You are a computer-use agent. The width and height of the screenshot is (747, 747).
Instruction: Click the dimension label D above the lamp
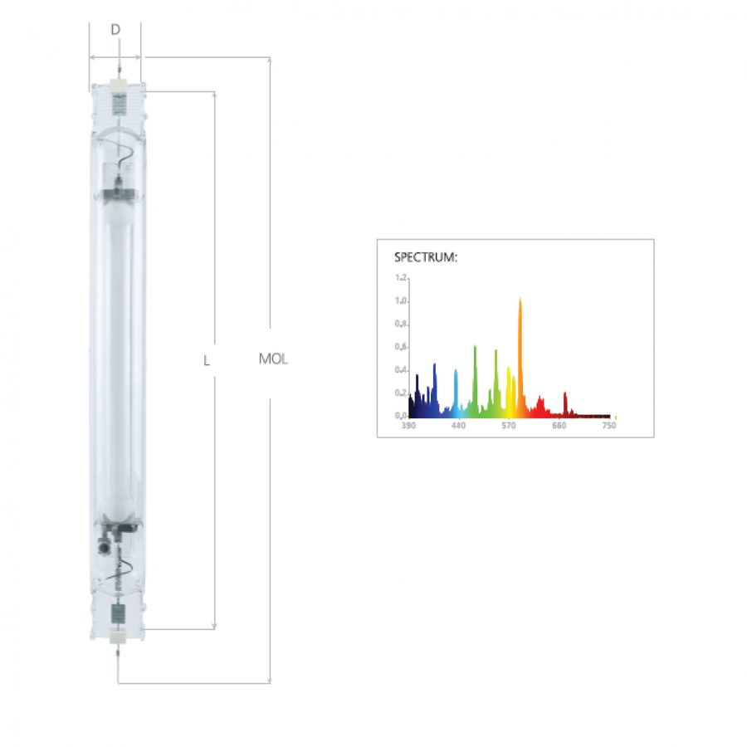(115, 30)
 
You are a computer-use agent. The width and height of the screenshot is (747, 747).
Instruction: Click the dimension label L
(207, 361)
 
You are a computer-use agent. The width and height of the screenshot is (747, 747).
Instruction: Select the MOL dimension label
(273, 359)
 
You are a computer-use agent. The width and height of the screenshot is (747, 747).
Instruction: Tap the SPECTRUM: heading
(426, 257)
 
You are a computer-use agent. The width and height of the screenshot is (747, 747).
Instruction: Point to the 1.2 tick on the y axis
(401, 277)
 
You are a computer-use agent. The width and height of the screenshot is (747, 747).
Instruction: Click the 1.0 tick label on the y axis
(401, 300)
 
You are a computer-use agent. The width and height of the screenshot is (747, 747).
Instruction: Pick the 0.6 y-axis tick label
(401, 347)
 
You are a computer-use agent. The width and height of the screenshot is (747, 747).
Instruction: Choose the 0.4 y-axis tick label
(401, 369)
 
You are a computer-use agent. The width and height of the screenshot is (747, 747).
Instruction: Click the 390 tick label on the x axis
(408, 425)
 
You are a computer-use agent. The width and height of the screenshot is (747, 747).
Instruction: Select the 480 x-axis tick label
(458, 425)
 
